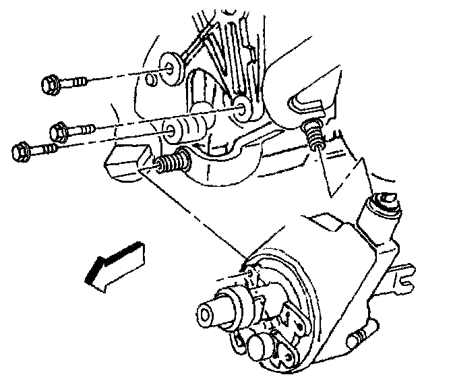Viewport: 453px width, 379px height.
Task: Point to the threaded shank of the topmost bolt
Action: pos(75,84)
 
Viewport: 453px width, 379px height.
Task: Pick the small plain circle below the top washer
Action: pos(152,80)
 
